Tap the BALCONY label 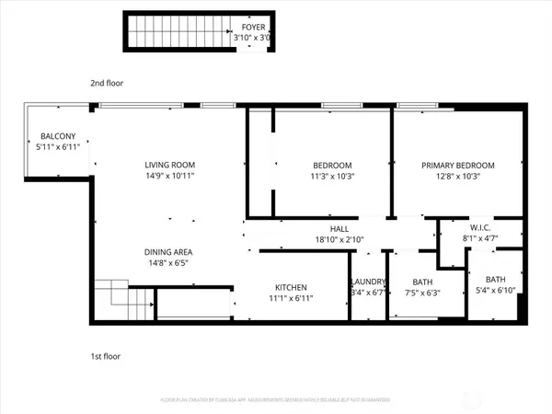[x=57, y=135]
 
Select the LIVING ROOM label [x=169, y=166]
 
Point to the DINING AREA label [x=167, y=251]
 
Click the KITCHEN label [x=291, y=287]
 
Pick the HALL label [x=339, y=228]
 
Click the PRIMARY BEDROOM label [x=458, y=166]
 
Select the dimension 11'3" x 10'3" [x=333, y=177]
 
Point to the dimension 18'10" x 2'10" [x=339, y=239]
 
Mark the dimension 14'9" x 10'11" [x=169, y=177]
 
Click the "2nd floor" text [x=107, y=83]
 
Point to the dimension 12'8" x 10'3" [x=458, y=177]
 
